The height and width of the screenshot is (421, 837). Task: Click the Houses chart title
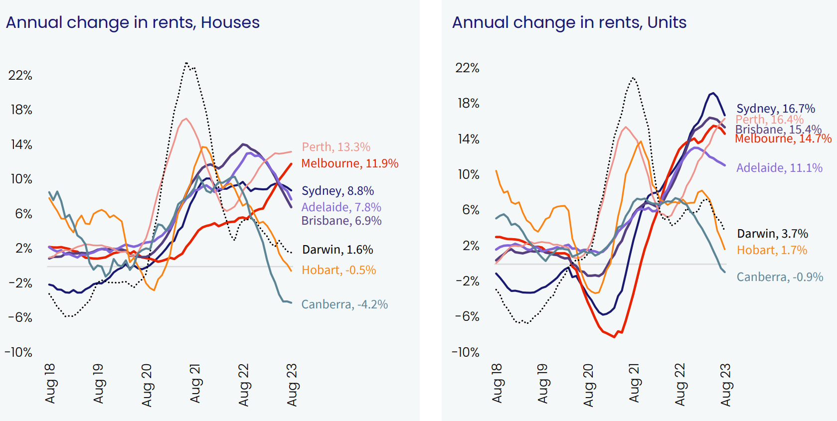[133, 22]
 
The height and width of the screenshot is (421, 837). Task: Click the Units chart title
[569, 22]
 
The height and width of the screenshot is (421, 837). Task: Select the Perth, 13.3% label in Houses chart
[336, 147]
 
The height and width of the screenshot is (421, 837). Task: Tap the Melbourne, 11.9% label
[349, 163]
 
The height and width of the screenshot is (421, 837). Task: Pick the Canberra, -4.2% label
[344, 304]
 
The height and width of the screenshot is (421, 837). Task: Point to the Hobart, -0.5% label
[338, 270]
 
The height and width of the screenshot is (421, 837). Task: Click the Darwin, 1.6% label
[337, 250]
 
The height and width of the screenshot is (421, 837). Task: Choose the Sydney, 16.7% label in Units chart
[776, 108]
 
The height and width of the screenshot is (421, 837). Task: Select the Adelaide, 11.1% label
[779, 168]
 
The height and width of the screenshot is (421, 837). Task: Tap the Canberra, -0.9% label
[780, 277]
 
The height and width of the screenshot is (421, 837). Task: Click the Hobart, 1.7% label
[772, 250]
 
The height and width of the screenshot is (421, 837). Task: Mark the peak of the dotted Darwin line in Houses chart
[186, 63]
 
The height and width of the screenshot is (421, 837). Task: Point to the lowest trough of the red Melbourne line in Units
[614, 337]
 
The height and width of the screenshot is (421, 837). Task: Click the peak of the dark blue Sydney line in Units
[713, 93]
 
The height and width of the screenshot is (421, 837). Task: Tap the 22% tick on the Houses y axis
[20, 75]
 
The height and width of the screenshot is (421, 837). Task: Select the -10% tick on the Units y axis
[465, 352]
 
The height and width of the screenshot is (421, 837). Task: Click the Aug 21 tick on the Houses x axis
[195, 384]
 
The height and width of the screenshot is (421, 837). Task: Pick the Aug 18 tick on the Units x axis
[497, 384]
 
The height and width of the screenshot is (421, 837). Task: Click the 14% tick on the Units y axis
[468, 139]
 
